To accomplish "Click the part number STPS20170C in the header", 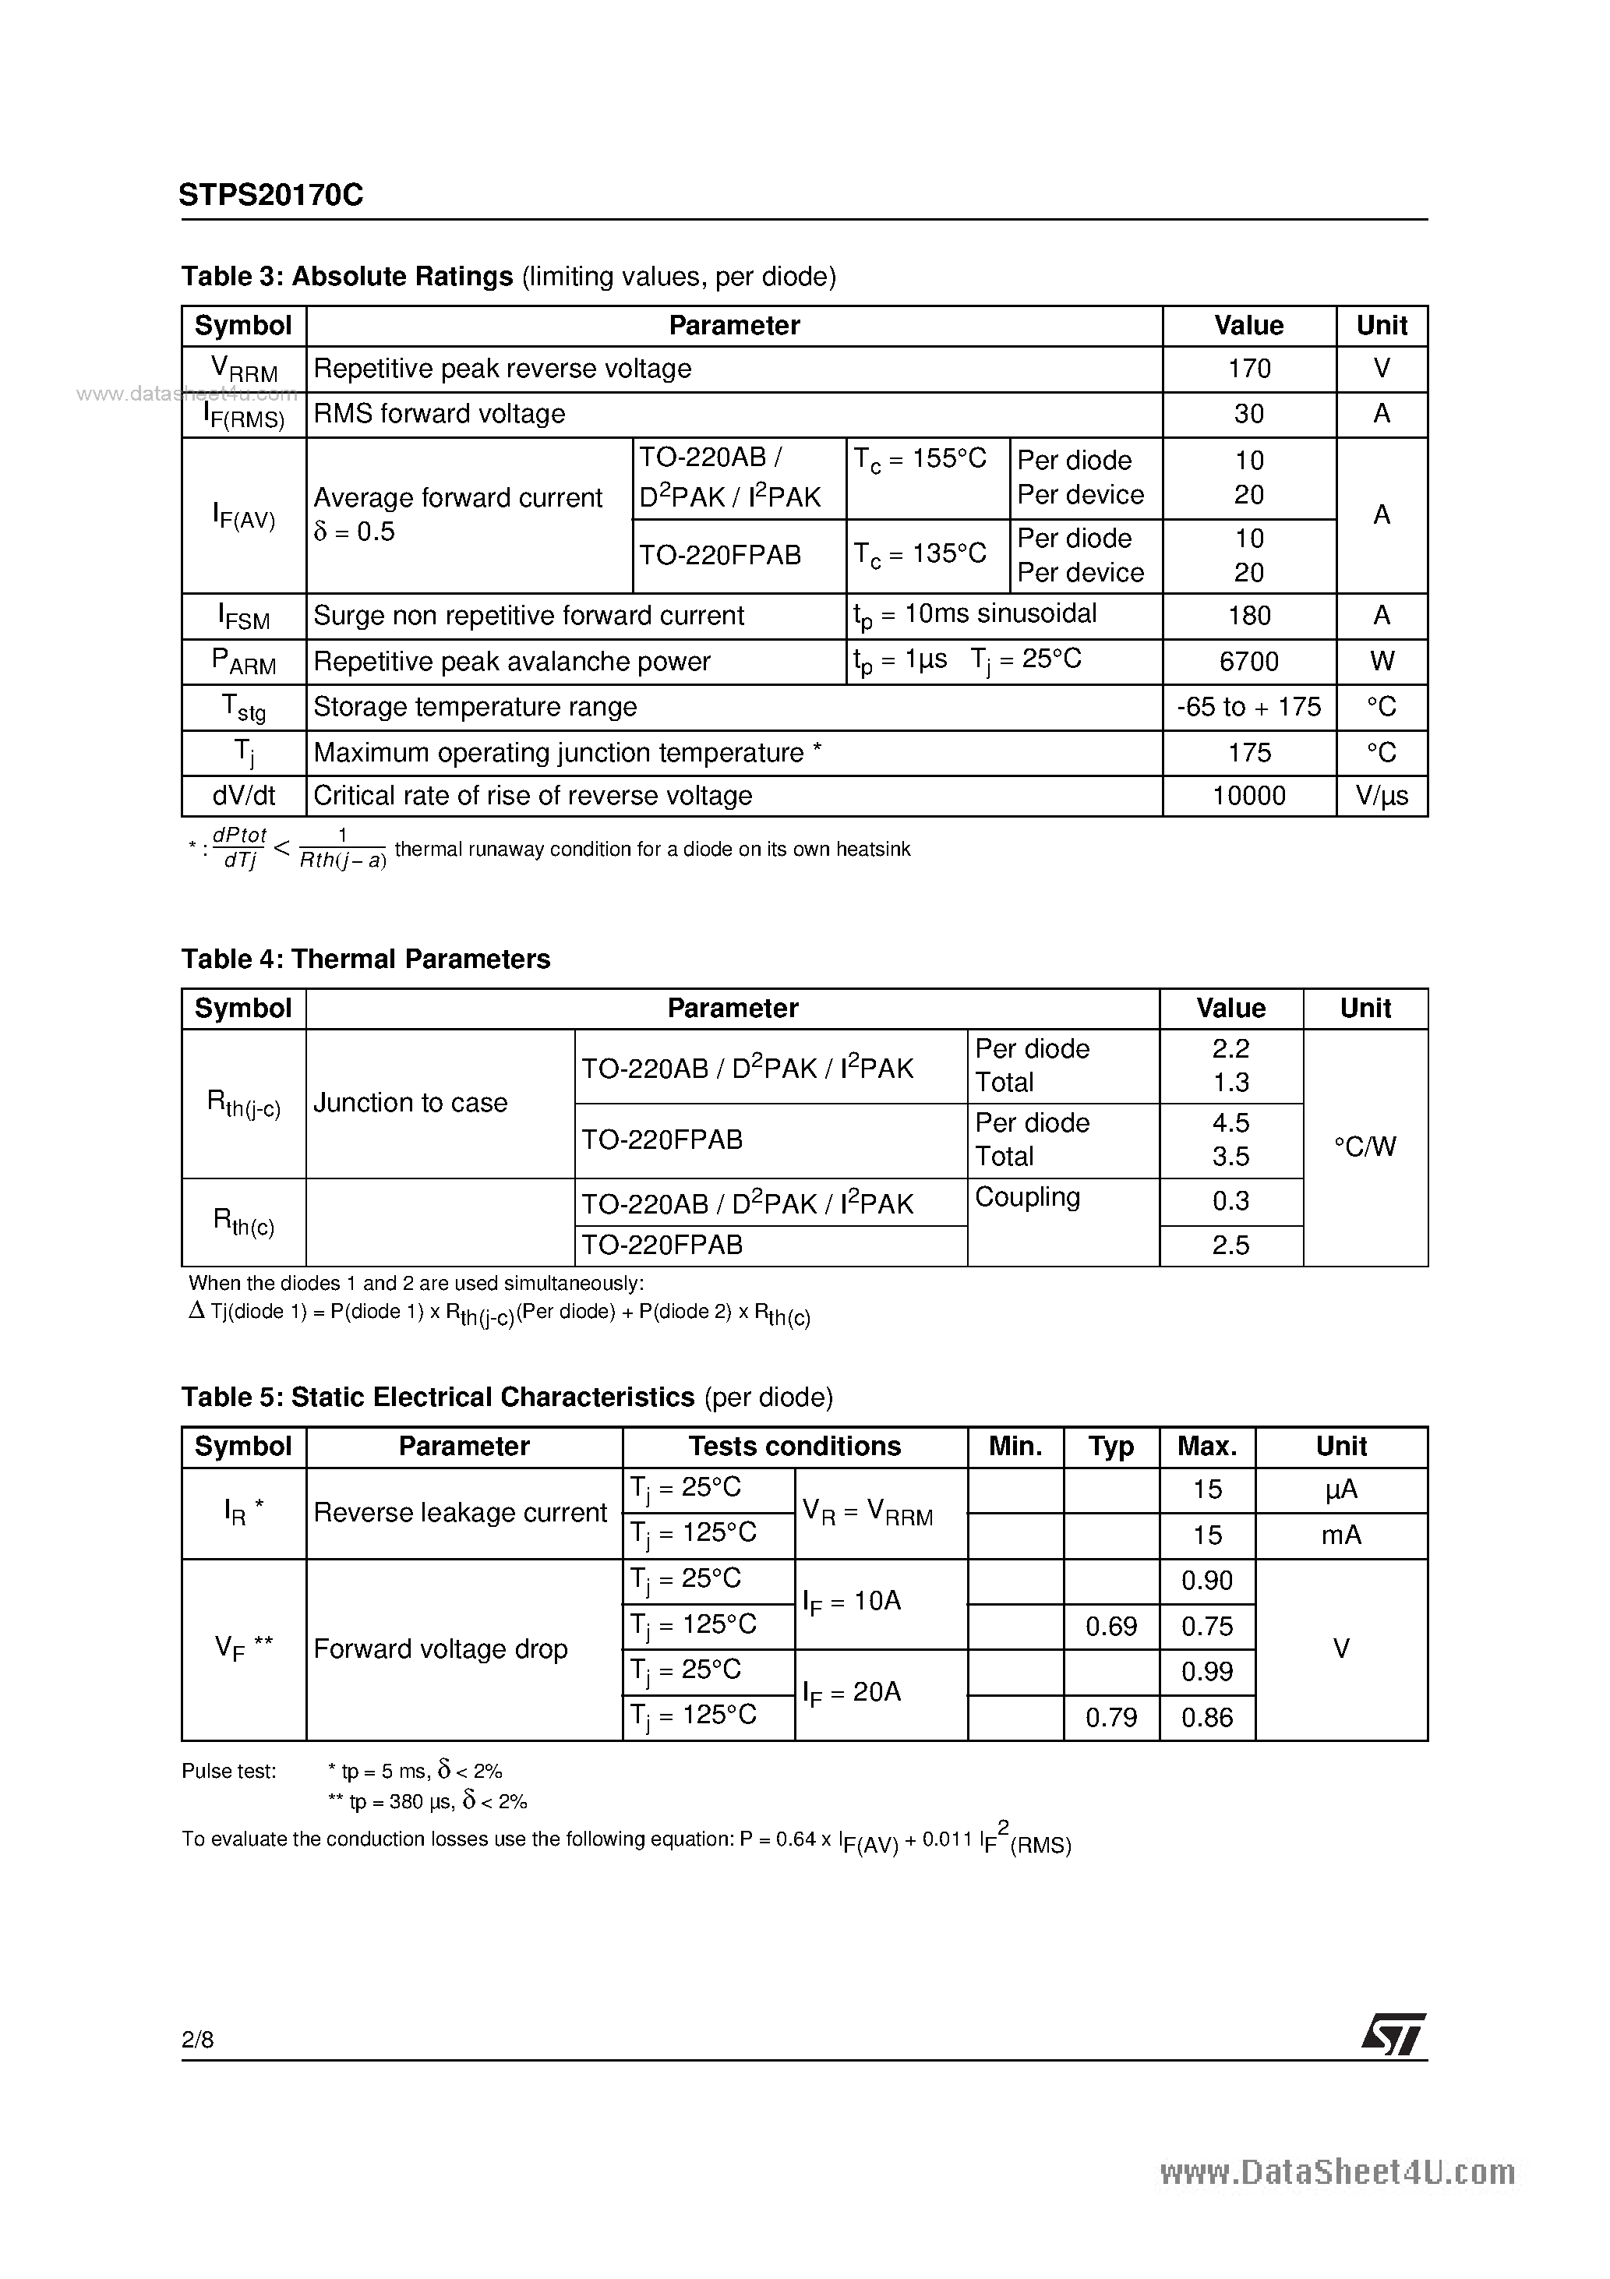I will coord(271,196).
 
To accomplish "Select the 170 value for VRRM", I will coord(1248,369).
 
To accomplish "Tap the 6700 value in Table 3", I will coord(1248,661).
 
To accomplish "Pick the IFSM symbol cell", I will coord(244,617).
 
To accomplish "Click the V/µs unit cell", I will coord(1382,796).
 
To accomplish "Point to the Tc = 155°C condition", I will coord(920,460).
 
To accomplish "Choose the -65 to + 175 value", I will coord(1248,707).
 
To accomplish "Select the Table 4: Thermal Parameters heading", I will coord(365,959).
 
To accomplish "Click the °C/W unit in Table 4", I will coord(1365,1147).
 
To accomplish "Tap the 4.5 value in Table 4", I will coord(1230,1122).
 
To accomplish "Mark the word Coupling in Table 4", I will coord(1027,1197).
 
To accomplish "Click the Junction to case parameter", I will coord(410,1103).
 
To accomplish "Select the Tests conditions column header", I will coord(794,1447).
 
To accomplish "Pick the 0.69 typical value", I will coord(1110,1626).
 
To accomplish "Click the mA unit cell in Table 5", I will coord(1341,1535).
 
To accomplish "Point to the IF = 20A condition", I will coord(852,1692).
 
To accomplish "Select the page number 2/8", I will coord(197,2039).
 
